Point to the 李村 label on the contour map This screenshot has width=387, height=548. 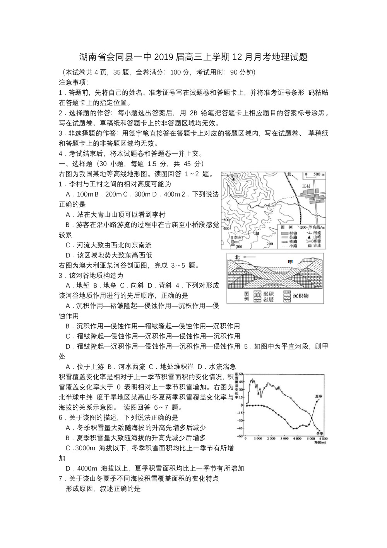[x=236, y=237]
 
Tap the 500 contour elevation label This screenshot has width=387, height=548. [x=226, y=220]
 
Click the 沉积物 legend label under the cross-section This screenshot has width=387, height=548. [x=300, y=296]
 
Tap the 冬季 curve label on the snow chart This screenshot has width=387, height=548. [x=320, y=433]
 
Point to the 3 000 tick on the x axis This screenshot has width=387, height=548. [x=284, y=438]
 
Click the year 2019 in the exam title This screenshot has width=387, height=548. [x=165, y=57]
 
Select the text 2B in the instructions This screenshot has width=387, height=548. [x=193, y=113]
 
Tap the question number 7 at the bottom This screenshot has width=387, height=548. [x=60, y=478]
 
